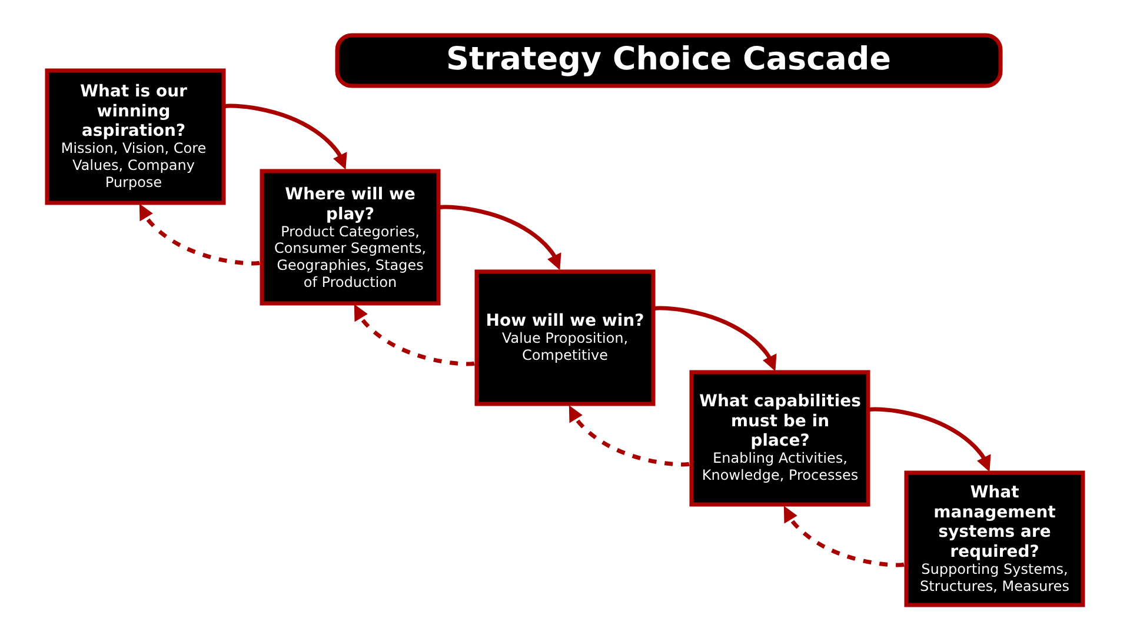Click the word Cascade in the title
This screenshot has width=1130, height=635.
click(816, 59)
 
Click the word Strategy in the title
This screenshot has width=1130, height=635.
click(523, 60)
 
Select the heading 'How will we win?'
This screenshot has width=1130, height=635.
click(564, 320)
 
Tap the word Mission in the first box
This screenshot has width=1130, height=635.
click(87, 148)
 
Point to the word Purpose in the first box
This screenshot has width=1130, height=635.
click(134, 183)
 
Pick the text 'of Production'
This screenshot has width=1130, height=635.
click(350, 282)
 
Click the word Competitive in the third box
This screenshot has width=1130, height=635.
click(564, 355)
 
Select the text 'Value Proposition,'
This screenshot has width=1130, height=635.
click(564, 338)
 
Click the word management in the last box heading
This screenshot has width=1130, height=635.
click(994, 512)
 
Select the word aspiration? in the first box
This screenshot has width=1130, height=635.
click(134, 130)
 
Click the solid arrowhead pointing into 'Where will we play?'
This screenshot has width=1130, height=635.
click(341, 161)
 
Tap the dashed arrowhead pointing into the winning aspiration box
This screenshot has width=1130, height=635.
click(144, 212)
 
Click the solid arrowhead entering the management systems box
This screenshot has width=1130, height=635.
click(985, 462)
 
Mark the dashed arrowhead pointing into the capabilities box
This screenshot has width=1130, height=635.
click(789, 514)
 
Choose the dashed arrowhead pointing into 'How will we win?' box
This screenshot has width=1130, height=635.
click(574, 413)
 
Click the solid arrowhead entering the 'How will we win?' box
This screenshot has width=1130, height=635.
click(556, 261)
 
